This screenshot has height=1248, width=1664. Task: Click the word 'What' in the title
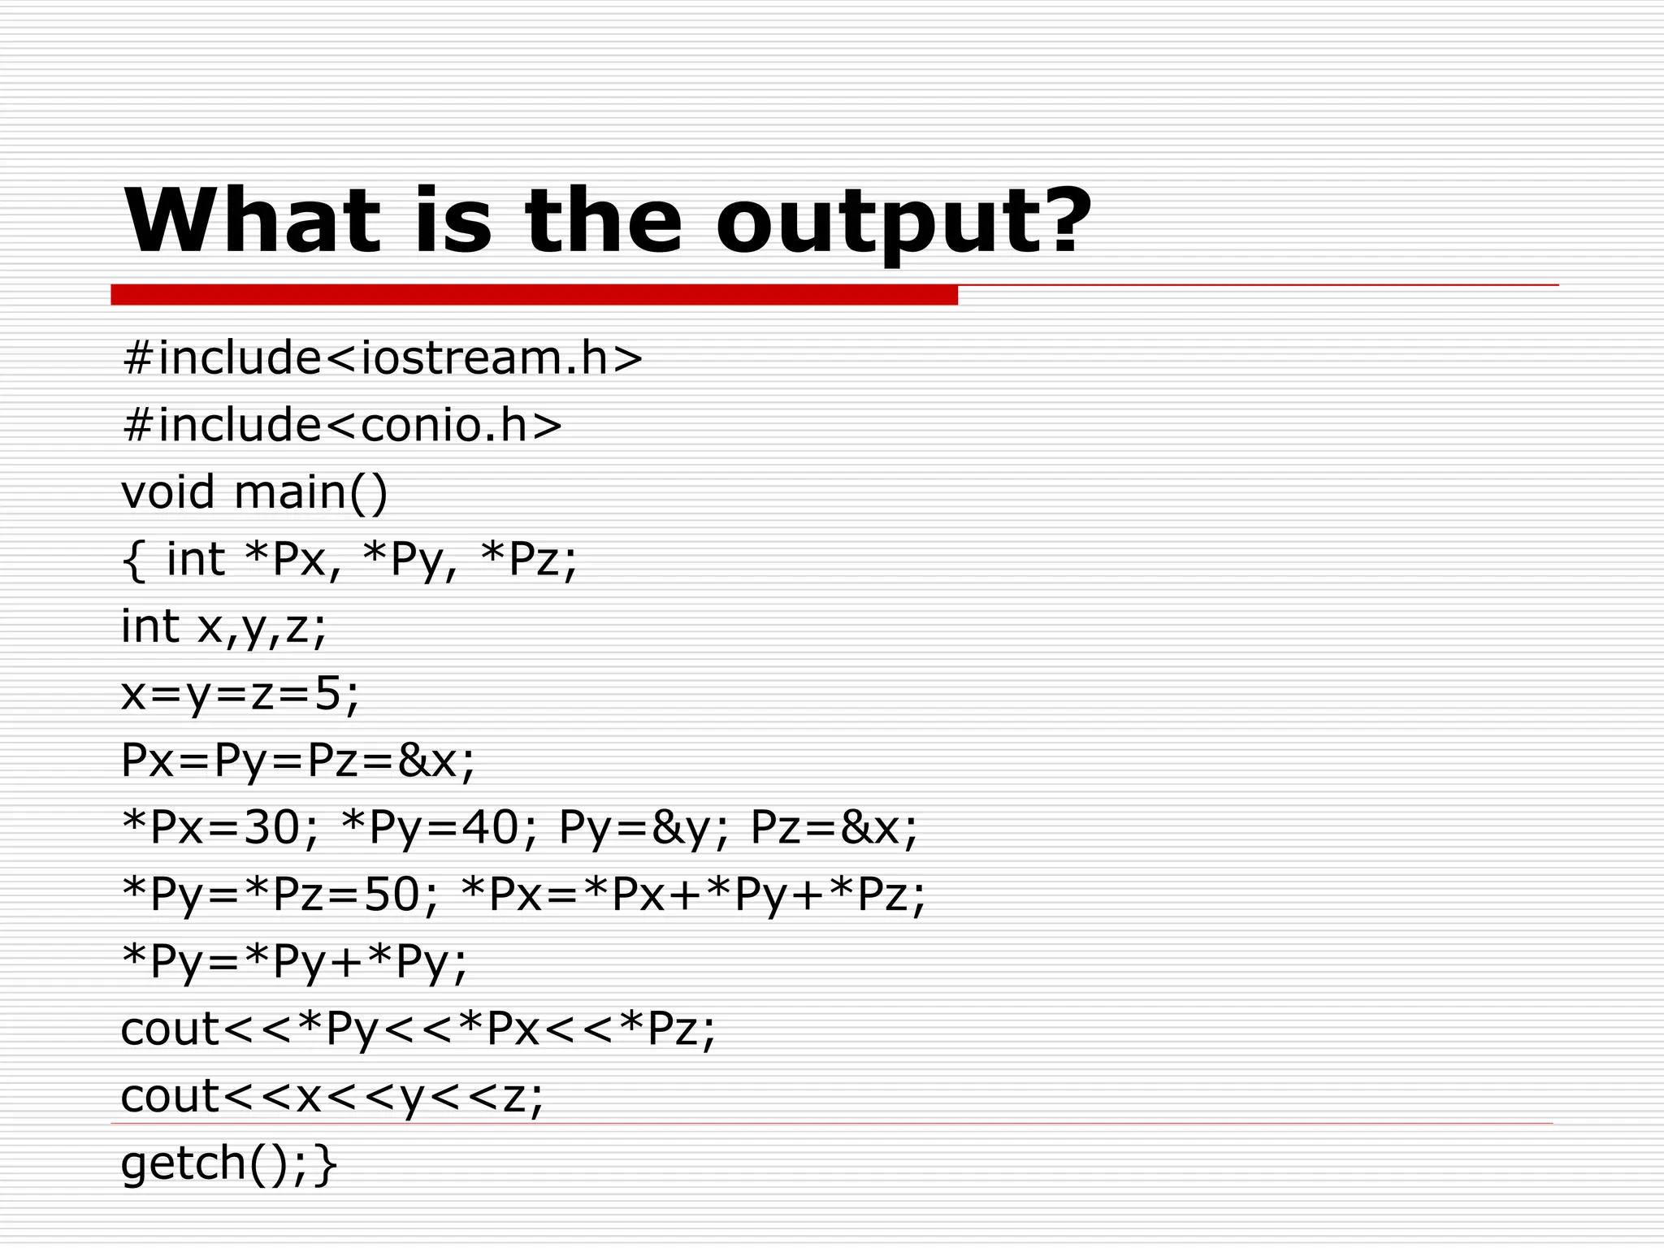tap(251, 220)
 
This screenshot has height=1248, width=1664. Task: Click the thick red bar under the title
tap(534, 294)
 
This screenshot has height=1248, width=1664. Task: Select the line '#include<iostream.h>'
tap(382, 357)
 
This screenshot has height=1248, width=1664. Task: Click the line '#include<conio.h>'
tap(341, 425)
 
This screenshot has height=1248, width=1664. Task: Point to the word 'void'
tap(168, 492)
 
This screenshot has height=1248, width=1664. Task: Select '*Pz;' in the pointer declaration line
tap(529, 559)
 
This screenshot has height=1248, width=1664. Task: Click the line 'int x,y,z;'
tap(223, 626)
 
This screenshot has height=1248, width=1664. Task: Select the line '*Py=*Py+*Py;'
tap(294, 962)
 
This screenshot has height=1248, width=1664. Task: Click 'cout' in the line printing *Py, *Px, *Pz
tap(170, 1029)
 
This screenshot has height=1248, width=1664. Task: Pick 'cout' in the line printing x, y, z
tap(170, 1095)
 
